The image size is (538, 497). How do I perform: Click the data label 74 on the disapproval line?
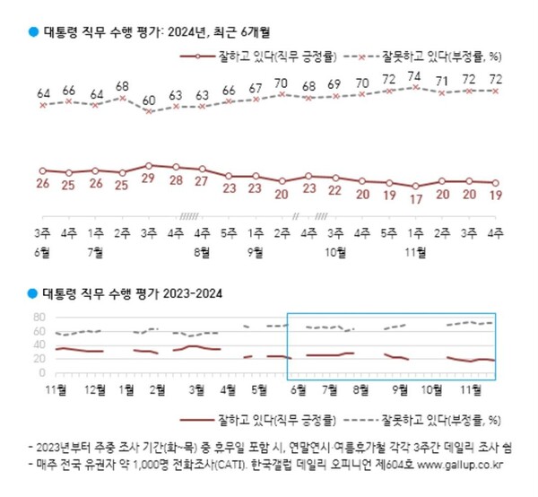pyautogui.click(x=414, y=76)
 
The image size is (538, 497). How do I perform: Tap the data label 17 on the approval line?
pyautogui.click(x=414, y=200)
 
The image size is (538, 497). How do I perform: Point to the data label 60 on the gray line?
pyautogui.click(x=149, y=99)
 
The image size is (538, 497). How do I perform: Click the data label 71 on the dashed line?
pyautogui.click(x=441, y=82)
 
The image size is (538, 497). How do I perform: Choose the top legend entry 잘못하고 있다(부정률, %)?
pyautogui.click(x=434, y=56)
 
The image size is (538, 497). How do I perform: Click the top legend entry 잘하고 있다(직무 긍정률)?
pyautogui.click(x=267, y=56)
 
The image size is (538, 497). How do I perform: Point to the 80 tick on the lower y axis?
pyautogui.click(x=39, y=318)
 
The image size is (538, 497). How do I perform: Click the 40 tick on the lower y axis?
pyautogui.click(x=39, y=345)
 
